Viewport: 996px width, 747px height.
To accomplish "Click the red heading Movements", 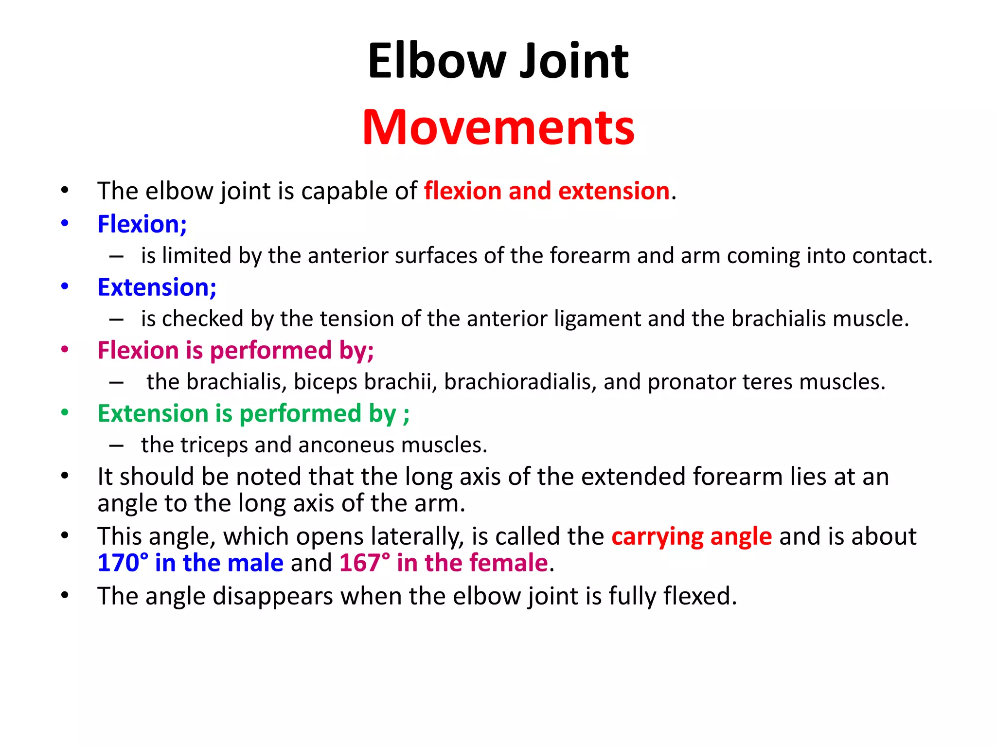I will [x=498, y=127].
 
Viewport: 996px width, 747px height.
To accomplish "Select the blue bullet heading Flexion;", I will [x=142, y=224].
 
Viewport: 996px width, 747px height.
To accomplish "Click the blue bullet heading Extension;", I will [x=157, y=287].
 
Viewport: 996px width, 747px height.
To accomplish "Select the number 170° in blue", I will [x=123, y=563].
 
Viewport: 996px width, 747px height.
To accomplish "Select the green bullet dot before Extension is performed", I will [x=65, y=413].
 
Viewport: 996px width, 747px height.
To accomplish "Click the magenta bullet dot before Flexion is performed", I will [x=65, y=350].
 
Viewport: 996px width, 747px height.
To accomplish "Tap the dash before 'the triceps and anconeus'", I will [x=116, y=445].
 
